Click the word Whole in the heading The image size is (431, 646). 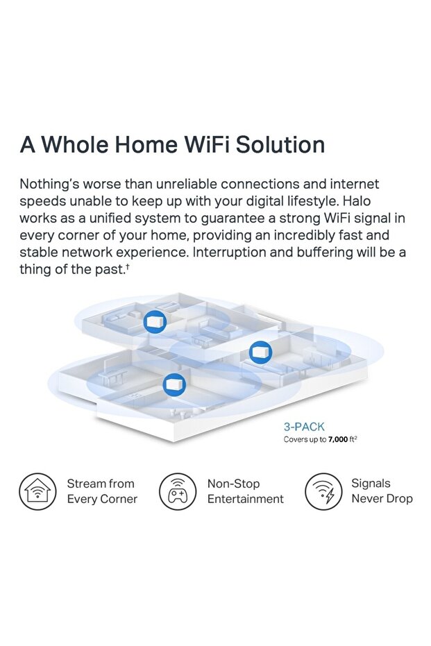(75, 144)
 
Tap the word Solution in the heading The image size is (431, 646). (280, 144)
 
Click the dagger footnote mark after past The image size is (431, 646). (128, 266)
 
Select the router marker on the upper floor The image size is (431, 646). (155, 322)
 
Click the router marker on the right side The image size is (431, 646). (260, 352)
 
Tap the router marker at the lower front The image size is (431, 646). (174, 384)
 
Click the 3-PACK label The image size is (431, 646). (304, 427)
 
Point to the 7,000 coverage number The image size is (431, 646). (338, 440)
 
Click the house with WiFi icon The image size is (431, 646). (37, 491)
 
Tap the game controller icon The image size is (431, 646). (178, 491)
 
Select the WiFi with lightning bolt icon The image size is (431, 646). (323, 491)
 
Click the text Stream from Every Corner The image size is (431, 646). (102, 491)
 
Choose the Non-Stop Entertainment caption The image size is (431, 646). (245, 491)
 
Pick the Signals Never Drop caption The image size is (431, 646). (382, 491)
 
